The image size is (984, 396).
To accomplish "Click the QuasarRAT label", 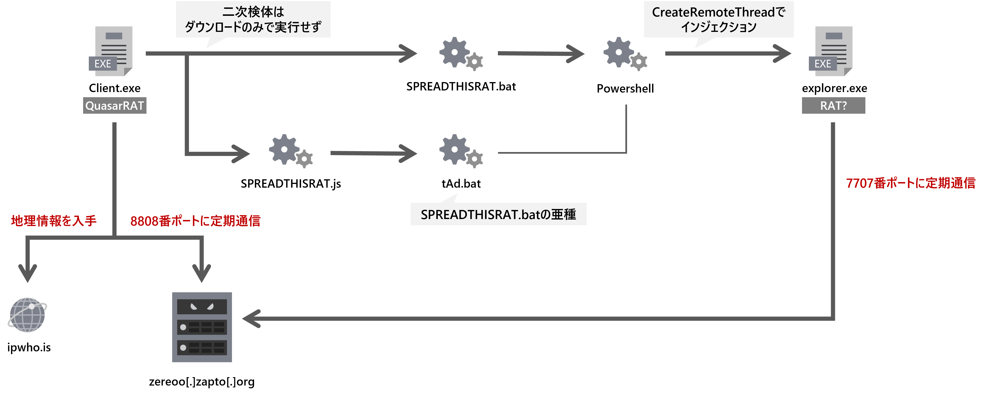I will [115, 106].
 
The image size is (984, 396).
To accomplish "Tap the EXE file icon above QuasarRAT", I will [111, 52].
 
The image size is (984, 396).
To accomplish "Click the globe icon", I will [27, 315].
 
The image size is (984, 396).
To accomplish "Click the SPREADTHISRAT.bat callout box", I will [498, 214].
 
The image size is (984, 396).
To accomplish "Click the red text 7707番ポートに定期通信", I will [911, 183].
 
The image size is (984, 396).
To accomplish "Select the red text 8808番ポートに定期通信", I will [195, 221].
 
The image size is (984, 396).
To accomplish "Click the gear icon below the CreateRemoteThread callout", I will [625, 53].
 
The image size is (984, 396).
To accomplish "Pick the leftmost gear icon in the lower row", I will [291, 151].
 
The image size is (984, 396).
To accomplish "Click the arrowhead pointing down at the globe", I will [27, 273].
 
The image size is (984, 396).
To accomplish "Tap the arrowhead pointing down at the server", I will [202, 273].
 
